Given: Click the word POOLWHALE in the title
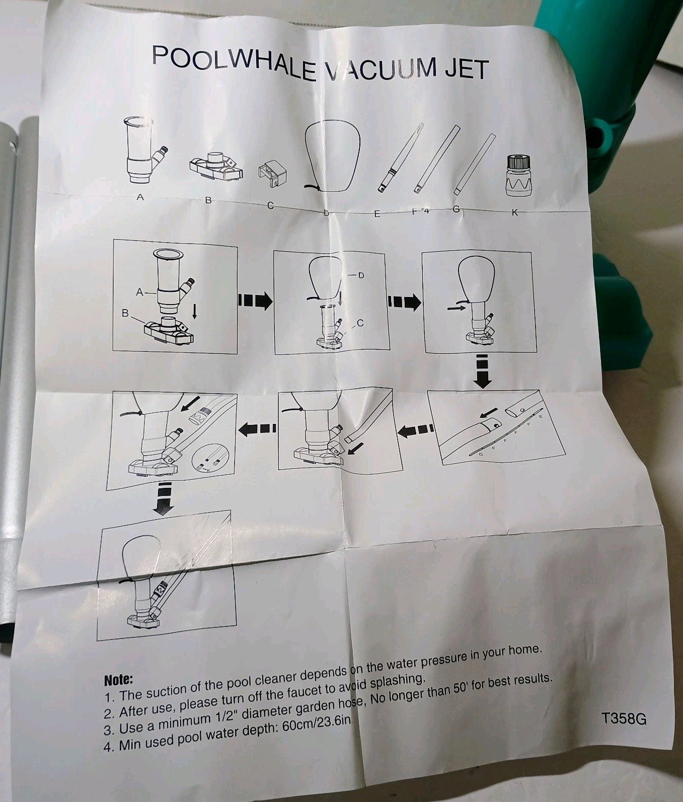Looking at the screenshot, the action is click(235, 63).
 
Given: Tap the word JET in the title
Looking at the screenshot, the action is click(466, 69).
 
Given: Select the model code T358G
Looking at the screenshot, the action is click(624, 718).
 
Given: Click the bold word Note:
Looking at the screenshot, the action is click(118, 680).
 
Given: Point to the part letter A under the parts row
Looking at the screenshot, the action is click(140, 197).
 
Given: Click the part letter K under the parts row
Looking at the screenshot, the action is click(514, 212).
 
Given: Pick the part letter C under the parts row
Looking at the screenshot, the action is click(270, 205).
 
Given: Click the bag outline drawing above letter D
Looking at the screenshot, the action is click(332, 157).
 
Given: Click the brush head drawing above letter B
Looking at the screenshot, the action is click(216, 167).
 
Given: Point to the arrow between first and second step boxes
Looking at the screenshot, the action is click(255, 301).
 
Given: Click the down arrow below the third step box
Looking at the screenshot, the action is click(483, 371).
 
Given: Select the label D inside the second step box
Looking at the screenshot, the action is click(361, 275).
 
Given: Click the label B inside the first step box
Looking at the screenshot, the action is click(125, 313).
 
